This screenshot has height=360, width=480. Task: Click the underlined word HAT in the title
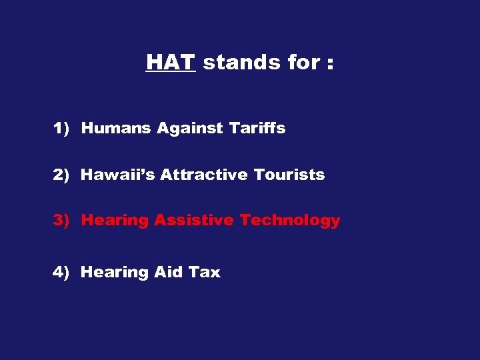pyautogui.click(x=170, y=63)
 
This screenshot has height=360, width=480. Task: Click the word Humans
pyautogui.click(x=117, y=129)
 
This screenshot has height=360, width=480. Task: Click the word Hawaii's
pyautogui.click(x=118, y=175)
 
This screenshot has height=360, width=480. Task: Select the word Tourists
pyautogui.click(x=289, y=175)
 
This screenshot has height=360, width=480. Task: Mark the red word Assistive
pyautogui.click(x=194, y=221)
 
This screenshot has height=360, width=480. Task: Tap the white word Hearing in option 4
pyautogui.click(x=115, y=273)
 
